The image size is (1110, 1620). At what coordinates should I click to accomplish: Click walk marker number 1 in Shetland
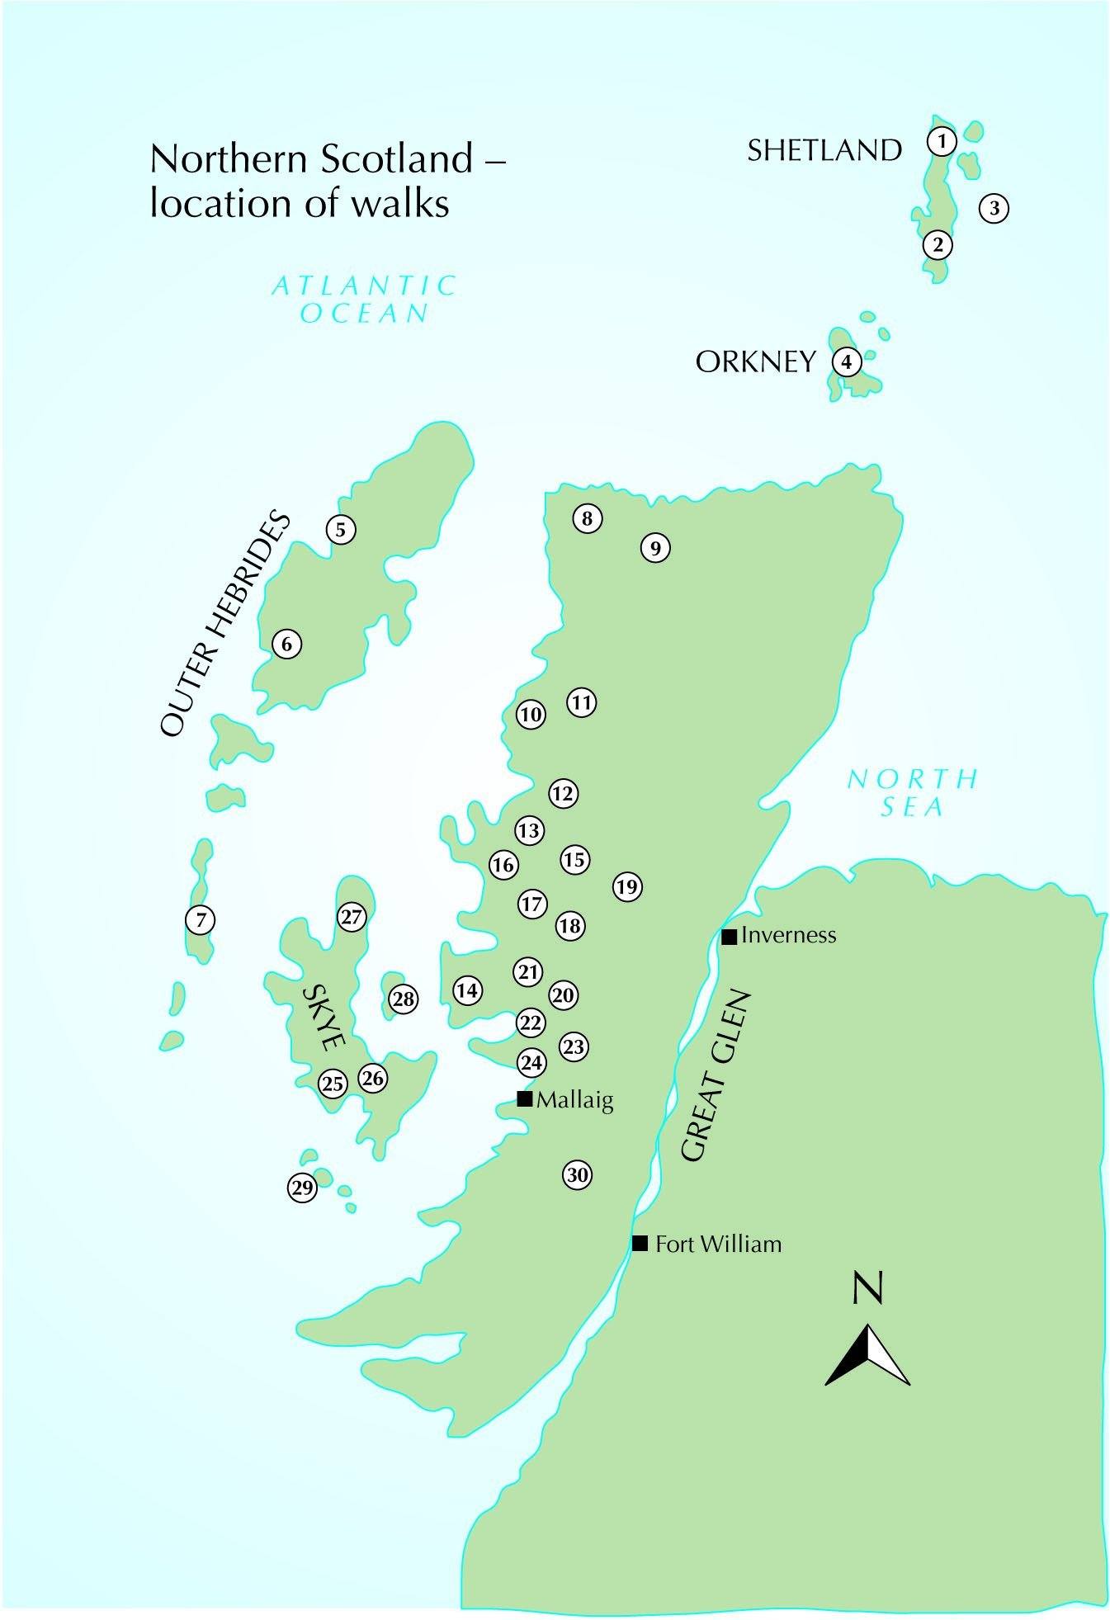click(x=942, y=141)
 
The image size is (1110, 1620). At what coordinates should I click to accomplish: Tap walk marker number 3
click(x=994, y=208)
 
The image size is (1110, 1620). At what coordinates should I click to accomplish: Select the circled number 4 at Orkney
click(x=846, y=361)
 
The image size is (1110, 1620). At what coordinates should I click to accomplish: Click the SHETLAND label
click(x=824, y=150)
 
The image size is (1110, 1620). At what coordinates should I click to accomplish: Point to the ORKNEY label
click(x=755, y=362)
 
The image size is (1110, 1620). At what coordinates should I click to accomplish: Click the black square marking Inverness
click(x=729, y=936)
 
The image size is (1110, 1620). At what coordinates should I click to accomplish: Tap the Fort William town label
click(x=717, y=1244)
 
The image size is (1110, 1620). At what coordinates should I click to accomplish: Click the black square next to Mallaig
click(x=524, y=1098)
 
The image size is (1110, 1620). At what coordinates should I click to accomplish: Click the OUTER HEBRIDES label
click(x=224, y=625)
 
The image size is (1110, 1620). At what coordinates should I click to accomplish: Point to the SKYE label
click(x=323, y=1018)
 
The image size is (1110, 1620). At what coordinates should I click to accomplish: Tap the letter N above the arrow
click(x=867, y=1288)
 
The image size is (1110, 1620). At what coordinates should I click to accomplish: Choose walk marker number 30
click(x=578, y=1174)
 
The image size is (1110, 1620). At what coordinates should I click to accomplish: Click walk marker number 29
click(x=302, y=1188)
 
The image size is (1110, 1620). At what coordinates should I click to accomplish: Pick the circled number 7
click(x=201, y=919)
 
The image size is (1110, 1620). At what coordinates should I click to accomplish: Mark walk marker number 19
click(x=627, y=887)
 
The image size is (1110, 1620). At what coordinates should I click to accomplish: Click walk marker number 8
click(x=587, y=518)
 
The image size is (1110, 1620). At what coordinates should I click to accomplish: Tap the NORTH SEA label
click(x=912, y=792)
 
